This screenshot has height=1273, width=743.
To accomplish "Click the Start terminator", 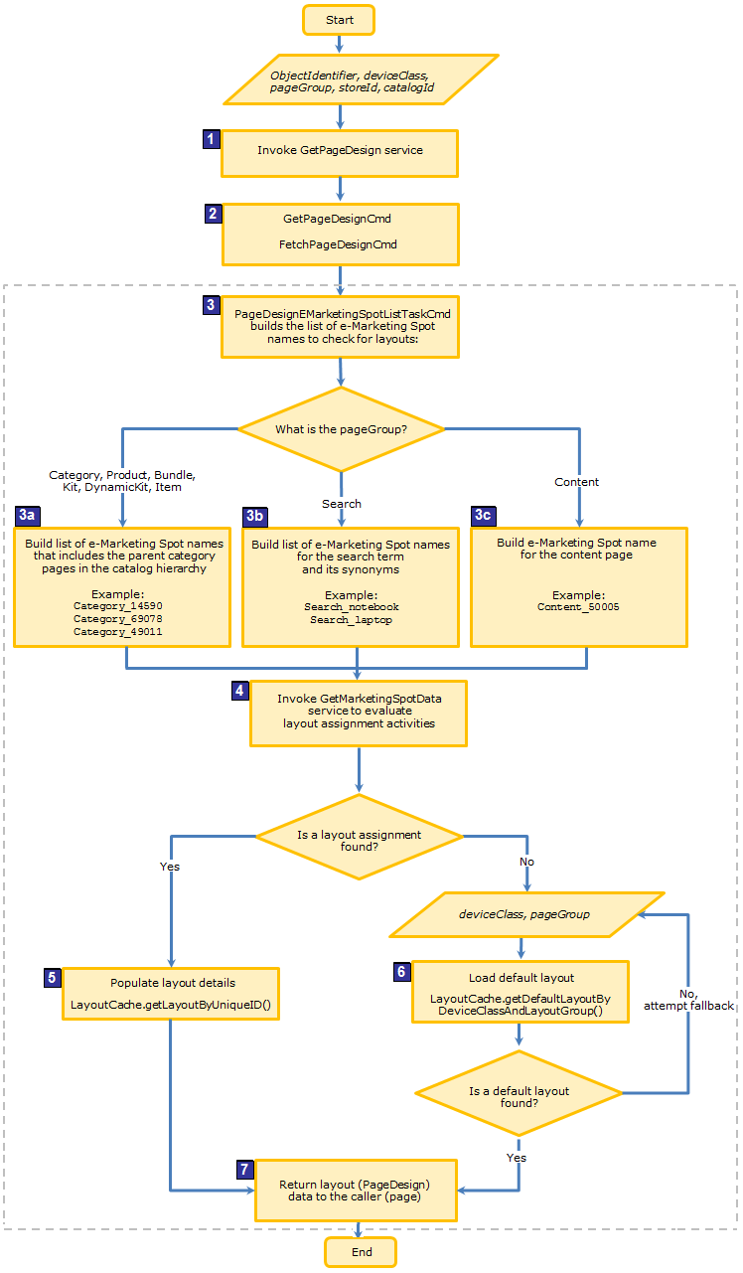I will [339, 20].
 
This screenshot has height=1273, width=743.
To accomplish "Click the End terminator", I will [361, 1252].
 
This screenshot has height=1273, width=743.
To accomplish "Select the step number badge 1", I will [210, 139].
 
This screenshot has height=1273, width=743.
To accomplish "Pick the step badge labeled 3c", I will [482, 515].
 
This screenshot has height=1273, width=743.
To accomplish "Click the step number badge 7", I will [244, 1169].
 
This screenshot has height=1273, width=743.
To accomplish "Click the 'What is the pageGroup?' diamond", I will [341, 429].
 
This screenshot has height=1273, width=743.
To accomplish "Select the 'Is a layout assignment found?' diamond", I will [359, 841].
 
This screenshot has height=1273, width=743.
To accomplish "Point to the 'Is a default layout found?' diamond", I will [519, 1096].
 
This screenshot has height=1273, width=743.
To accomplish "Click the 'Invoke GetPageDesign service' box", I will [340, 151].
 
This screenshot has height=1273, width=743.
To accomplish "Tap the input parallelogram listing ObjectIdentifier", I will [360, 80].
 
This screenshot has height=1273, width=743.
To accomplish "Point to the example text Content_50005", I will [578, 606].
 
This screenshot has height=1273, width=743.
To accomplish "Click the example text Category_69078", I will [117, 618].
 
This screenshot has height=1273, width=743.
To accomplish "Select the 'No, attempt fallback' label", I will [688, 999].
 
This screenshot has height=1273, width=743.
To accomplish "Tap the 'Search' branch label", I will [341, 504].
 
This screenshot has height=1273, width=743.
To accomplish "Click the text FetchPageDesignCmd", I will [340, 243].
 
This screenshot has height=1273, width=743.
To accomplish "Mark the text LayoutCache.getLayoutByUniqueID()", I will [170, 1004].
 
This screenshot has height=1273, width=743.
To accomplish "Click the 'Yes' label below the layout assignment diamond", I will [170, 867].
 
